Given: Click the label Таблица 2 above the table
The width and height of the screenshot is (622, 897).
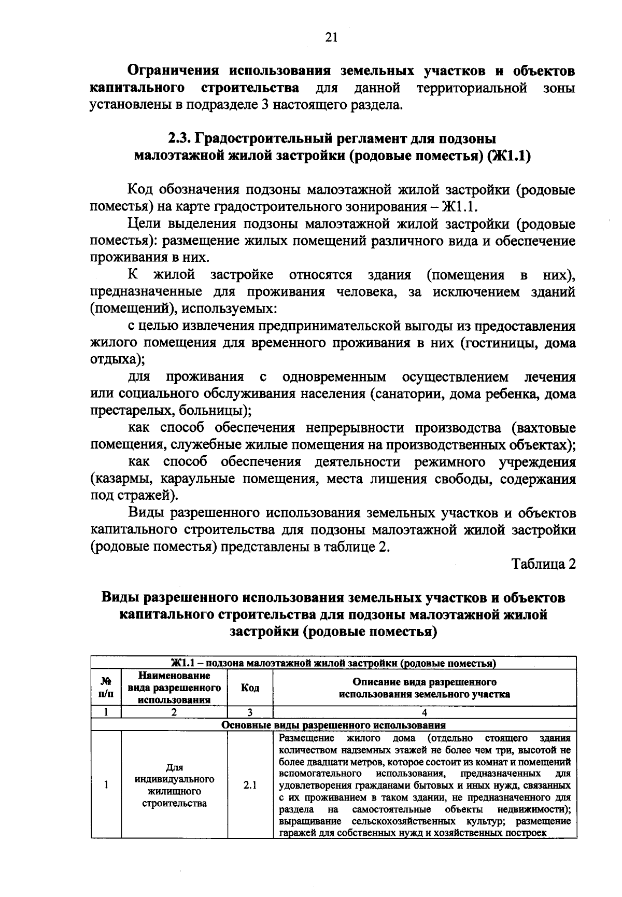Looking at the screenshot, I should (x=544, y=564).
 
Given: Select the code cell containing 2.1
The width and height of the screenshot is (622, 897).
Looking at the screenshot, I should (x=250, y=785).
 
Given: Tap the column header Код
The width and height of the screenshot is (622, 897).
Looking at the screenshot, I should (x=250, y=688).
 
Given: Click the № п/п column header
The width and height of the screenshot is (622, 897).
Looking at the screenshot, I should (x=106, y=688).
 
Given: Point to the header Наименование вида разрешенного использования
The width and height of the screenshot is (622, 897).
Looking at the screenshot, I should (x=174, y=688).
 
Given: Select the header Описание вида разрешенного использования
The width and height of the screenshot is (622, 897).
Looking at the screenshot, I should (x=424, y=688).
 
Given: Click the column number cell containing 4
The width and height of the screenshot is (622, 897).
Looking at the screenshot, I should (x=424, y=712).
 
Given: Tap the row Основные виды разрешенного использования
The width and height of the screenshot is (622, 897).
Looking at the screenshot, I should (x=333, y=725).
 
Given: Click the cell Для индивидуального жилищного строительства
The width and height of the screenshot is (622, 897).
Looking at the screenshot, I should (x=174, y=785).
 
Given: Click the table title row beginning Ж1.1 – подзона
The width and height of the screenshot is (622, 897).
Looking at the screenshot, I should (x=333, y=663).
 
